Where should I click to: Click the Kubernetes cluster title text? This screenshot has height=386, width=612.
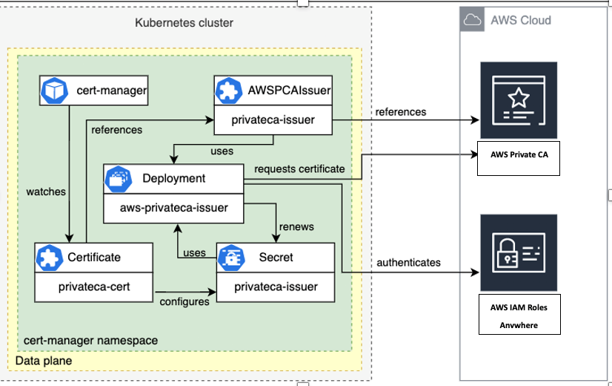click(x=184, y=23)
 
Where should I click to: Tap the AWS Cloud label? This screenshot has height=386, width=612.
click(x=520, y=20)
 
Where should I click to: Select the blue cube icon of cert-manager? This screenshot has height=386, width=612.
click(x=53, y=91)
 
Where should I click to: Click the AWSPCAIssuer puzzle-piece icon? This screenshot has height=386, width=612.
click(x=227, y=91)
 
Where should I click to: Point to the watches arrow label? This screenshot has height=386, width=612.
click(x=46, y=192)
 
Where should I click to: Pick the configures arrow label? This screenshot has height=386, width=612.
click(x=184, y=301)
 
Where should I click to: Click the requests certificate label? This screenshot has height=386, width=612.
click(x=299, y=169)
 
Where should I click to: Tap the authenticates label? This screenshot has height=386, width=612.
click(x=408, y=262)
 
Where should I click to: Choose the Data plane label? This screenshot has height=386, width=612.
click(x=44, y=360)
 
